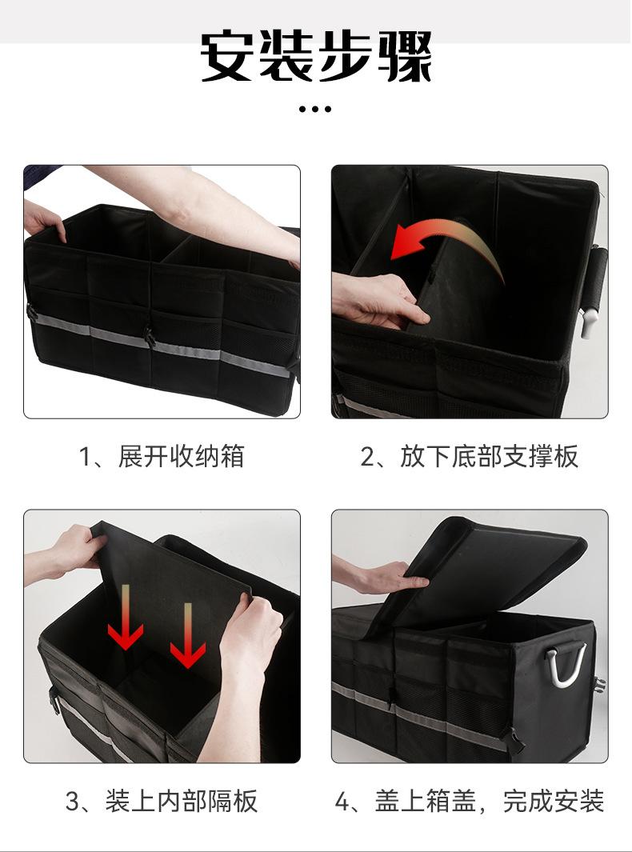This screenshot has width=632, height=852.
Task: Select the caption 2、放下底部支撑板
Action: coord(469,457)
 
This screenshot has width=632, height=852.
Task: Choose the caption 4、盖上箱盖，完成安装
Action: coord(469,801)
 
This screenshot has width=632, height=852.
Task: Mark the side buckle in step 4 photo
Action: coord(598,685)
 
